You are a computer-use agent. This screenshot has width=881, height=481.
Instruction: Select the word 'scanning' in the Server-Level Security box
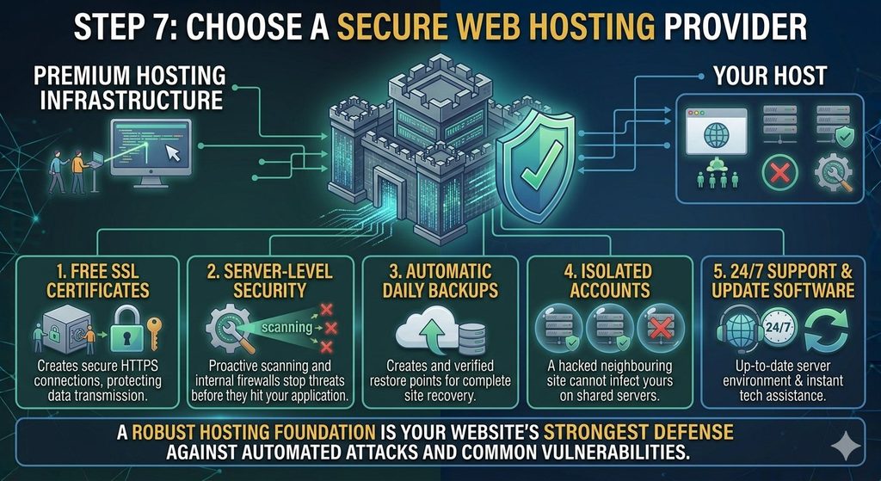coord(287,327)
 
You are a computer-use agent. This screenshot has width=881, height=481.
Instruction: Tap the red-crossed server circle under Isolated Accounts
coord(660,328)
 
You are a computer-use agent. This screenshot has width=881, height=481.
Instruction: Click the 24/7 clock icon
coord(779,328)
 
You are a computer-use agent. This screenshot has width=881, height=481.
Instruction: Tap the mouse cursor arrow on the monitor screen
coord(173,151)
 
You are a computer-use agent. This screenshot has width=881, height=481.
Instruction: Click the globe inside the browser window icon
coord(716,135)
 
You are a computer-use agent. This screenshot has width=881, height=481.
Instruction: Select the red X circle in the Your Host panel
coord(779,172)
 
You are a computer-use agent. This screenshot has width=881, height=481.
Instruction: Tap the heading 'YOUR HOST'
coord(770,76)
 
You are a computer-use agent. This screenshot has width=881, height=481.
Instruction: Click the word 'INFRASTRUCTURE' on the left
coord(132,100)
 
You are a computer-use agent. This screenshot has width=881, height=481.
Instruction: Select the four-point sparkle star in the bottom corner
coord(846,447)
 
